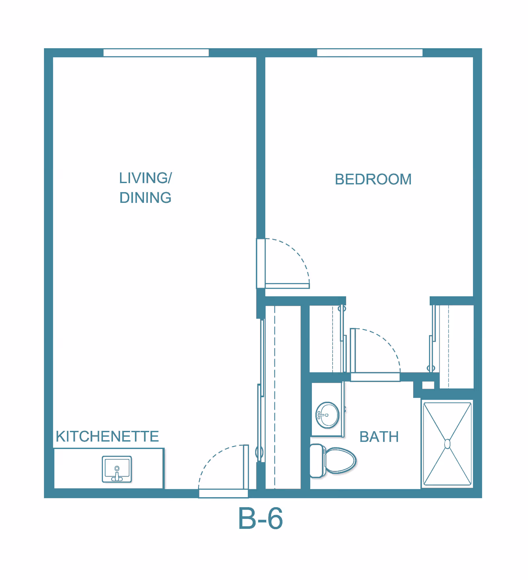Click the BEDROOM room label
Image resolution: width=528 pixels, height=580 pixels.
click(x=373, y=179)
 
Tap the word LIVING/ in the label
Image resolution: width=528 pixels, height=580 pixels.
click(x=146, y=178)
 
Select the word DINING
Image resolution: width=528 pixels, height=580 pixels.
click(x=146, y=198)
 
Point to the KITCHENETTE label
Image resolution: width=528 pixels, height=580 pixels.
click(x=107, y=436)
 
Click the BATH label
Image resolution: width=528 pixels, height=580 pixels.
click(x=379, y=437)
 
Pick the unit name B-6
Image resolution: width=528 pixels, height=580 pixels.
click(x=260, y=518)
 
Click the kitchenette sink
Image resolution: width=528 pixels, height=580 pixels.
click(x=117, y=469)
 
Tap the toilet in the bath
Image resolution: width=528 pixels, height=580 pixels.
click(x=333, y=461)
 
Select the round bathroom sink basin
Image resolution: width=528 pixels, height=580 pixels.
click(x=327, y=415)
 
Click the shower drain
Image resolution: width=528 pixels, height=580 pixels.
click(x=447, y=444)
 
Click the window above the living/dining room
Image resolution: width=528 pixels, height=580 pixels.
click(x=156, y=53)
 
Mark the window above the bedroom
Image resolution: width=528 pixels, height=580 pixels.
click(x=370, y=53)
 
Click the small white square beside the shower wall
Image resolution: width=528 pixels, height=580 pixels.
click(x=428, y=385)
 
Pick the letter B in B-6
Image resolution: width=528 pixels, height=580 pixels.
click(x=247, y=518)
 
